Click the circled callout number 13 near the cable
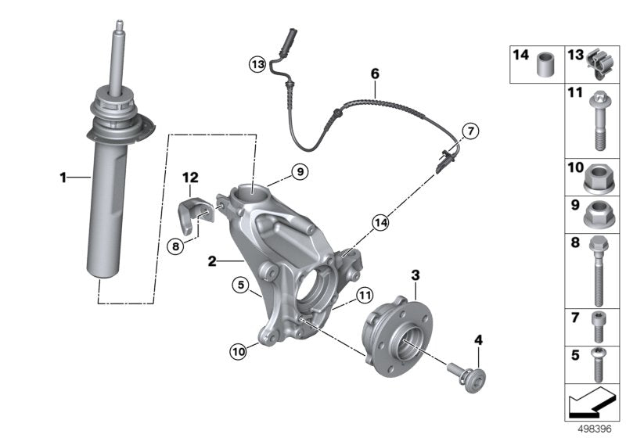coord(258,63)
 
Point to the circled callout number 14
coord(380,222)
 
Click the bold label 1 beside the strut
coord(63,178)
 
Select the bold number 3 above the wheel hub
coord(416,275)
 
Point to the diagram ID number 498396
coord(594,429)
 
